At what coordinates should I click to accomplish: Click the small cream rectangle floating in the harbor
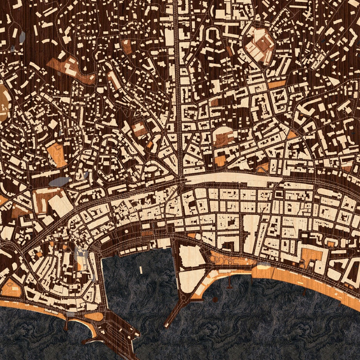pos(140,269)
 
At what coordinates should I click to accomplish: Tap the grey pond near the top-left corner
pos(22,37)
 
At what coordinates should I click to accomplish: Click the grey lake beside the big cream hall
pos(60,182)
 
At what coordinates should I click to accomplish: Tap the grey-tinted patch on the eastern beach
pos(263,266)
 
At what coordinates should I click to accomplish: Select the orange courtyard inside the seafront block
pos(311,255)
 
